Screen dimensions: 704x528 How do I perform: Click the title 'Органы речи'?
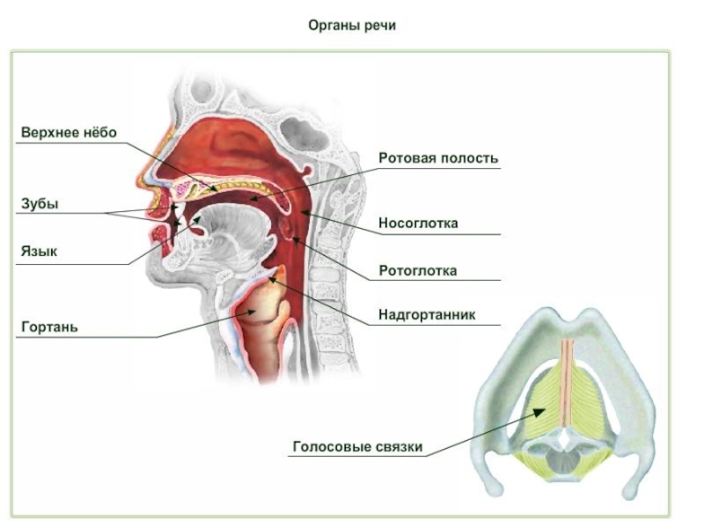point(352,26)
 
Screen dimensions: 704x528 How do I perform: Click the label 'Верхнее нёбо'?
point(69,133)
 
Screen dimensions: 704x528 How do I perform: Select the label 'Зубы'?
point(40,204)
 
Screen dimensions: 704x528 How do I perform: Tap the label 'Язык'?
point(39,252)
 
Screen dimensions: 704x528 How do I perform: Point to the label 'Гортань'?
point(50,327)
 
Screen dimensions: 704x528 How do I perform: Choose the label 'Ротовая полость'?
point(438,158)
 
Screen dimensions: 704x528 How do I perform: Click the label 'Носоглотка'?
point(418,224)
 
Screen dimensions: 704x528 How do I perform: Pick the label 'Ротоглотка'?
point(417,271)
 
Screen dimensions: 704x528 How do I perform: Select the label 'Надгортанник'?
point(427,313)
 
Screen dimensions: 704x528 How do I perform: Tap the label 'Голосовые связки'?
point(357,447)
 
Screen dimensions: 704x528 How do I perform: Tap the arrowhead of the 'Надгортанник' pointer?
point(273,280)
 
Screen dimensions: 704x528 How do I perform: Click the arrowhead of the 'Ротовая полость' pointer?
point(249,201)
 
